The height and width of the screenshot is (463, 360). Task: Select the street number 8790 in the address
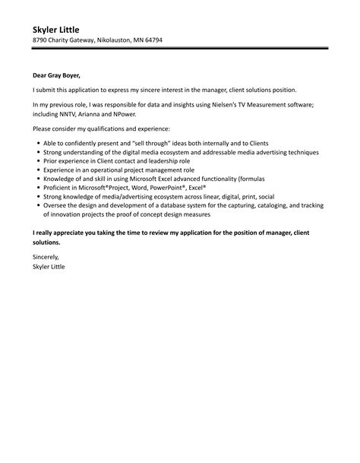pyautogui.click(x=41, y=40)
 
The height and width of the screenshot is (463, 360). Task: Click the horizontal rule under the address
pyautogui.click(x=180, y=49)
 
